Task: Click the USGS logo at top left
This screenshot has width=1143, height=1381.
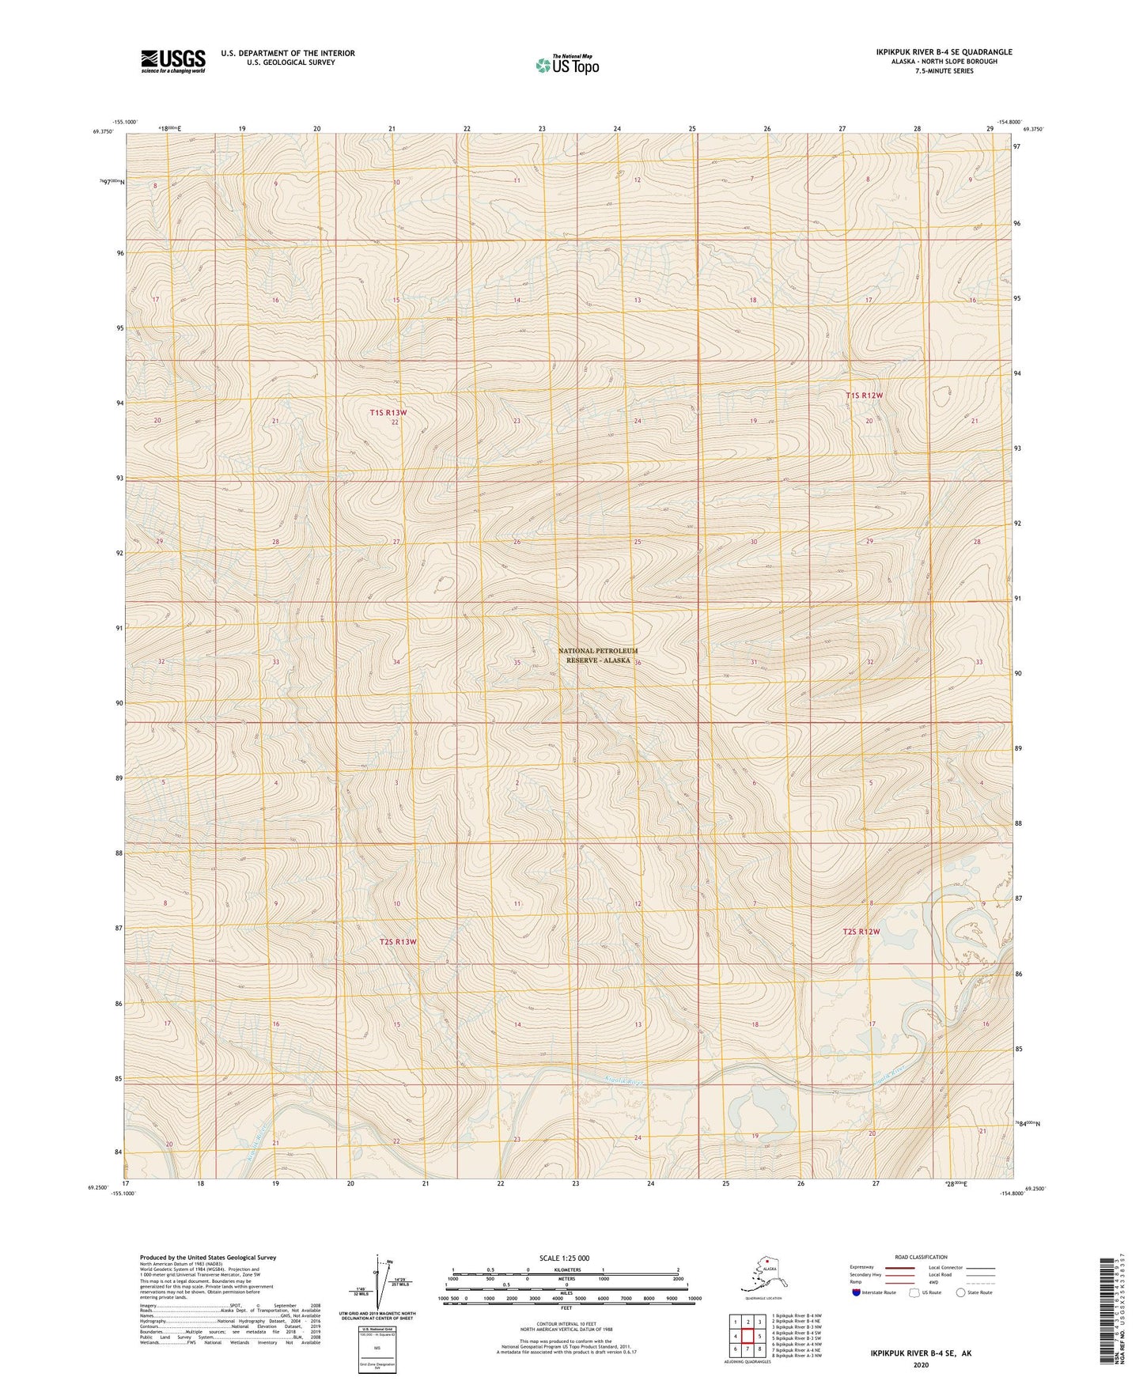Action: point(172,61)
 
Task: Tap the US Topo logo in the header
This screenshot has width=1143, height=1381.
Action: point(567,64)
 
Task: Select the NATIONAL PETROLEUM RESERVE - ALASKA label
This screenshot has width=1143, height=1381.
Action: point(597,656)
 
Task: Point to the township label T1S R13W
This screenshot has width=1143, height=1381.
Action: point(388,413)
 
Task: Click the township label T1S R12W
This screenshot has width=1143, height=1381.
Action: point(864,395)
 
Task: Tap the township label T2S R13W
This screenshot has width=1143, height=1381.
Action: point(397,942)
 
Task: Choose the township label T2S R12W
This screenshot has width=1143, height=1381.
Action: point(861,932)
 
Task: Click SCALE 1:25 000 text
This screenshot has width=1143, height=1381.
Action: point(565,1258)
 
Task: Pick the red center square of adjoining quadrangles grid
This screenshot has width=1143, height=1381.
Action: point(747,1336)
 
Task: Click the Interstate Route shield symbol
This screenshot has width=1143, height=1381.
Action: point(857,1292)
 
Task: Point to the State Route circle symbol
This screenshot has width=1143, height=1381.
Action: point(960,1292)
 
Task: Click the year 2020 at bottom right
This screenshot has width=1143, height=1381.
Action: point(921,1364)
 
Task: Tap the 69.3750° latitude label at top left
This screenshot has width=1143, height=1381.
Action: point(103,132)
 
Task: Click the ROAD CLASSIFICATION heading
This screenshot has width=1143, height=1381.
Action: point(921,1257)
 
